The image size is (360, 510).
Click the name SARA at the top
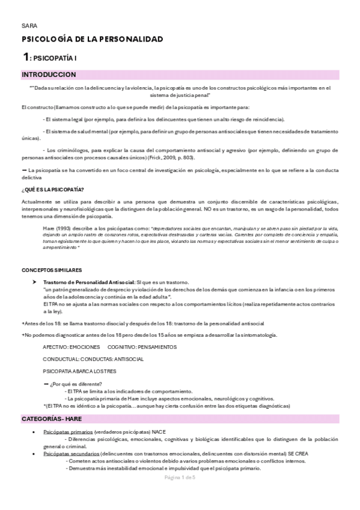click(x=29, y=26)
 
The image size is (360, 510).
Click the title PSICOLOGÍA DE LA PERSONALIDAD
click(x=92, y=40)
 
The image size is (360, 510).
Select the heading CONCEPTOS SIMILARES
click(x=52, y=271)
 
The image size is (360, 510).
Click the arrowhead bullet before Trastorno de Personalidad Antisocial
click(x=34, y=283)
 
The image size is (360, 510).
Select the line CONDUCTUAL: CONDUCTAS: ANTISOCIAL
click(x=93, y=359)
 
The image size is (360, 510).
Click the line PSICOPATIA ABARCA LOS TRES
click(x=80, y=371)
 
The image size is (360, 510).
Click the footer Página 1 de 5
click(x=180, y=477)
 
